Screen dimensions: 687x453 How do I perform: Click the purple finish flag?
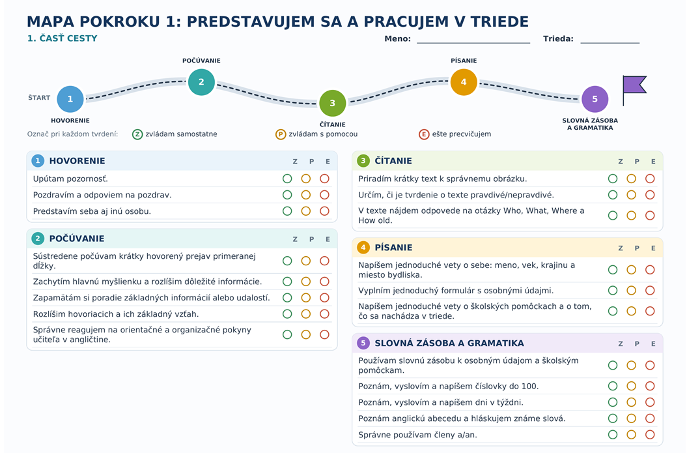click(634, 85)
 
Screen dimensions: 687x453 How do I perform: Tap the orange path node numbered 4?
click(464, 82)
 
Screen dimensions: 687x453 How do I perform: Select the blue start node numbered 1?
click(70, 99)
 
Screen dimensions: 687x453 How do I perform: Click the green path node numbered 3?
click(333, 103)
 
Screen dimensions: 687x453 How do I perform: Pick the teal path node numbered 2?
click(201, 82)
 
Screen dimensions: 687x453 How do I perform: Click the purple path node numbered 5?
click(595, 99)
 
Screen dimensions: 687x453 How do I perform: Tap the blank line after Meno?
click(473, 43)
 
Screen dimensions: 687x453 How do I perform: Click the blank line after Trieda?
click(610, 43)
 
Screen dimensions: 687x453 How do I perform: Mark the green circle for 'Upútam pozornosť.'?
click(287, 179)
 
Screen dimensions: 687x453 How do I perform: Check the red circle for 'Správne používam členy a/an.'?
click(650, 435)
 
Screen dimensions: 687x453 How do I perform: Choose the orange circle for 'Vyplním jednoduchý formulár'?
click(632, 290)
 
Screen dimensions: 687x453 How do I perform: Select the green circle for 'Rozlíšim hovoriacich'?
click(287, 314)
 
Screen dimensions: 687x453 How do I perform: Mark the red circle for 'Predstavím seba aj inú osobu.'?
click(324, 211)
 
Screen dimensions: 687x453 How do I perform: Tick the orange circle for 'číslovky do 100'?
click(632, 386)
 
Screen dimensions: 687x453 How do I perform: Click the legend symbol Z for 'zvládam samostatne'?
click(137, 134)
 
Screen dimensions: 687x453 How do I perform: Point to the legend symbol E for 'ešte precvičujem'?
click(424, 134)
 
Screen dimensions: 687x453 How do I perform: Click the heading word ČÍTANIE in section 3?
click(393, 161)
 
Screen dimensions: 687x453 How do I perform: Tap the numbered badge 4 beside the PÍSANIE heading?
click(363, 247)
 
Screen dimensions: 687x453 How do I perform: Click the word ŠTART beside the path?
click(40, 97)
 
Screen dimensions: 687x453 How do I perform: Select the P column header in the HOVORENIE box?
click(311, 162)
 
